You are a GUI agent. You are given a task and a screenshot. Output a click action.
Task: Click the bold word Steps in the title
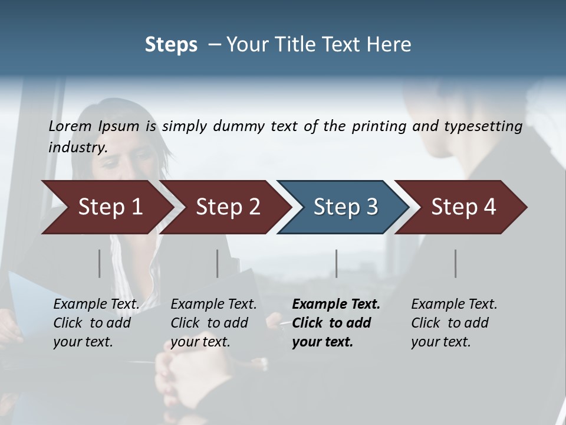[x=171, y=45]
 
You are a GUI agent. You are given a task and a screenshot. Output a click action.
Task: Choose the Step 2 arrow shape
[x=224, y=207]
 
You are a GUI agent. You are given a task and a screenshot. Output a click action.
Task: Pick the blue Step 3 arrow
[x=343, y=207]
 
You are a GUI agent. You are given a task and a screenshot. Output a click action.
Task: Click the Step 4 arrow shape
[x=461, y=207]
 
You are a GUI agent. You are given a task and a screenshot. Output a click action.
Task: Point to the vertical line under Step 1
[x=100, y=263]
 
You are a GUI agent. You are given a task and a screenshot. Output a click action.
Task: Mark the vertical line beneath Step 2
[x=218, y=263]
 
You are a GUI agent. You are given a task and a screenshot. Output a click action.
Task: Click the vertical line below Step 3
[x=337, y=263]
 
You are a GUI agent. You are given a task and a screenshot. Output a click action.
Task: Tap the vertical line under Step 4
[x=456, y=263]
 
